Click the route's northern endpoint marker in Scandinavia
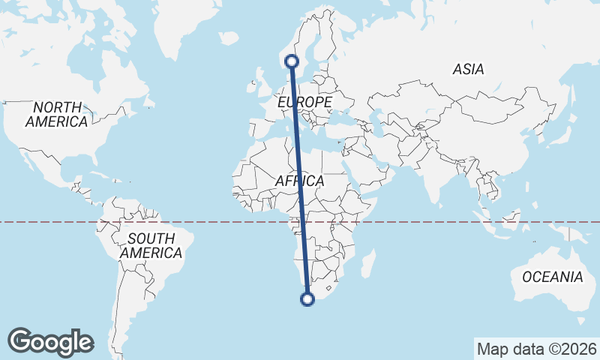click(292, 61)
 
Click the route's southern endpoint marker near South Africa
click(307, 299)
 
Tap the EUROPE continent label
click(304, 101)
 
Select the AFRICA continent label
click(299, 181)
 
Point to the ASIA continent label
click(468, 70)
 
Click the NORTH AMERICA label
click(56, 114)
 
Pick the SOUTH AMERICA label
click(151, 246)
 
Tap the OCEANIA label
click(552, 277)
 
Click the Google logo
click(50, 342)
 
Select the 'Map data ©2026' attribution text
click(536, 349)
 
